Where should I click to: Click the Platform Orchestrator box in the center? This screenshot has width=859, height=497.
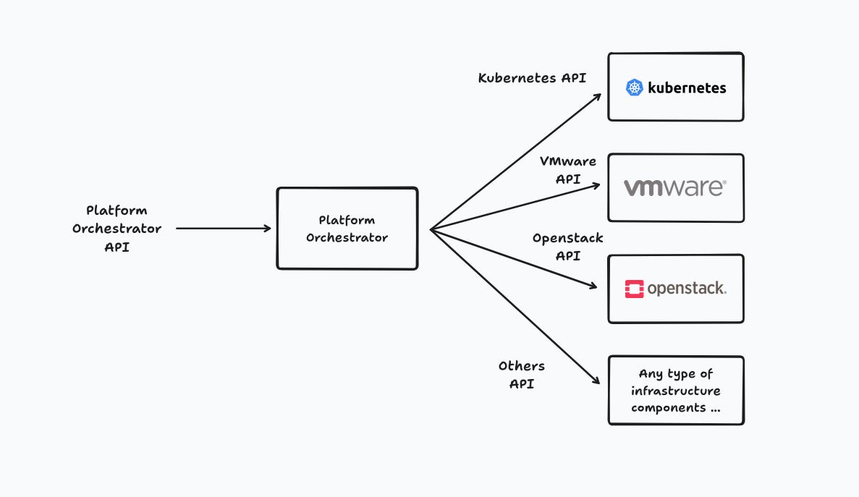347,229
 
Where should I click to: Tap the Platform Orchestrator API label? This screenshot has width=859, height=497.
116,229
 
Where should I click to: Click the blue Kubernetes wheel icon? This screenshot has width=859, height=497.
635,88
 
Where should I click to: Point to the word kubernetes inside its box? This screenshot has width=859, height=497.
687,88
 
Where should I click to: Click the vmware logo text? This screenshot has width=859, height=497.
674,188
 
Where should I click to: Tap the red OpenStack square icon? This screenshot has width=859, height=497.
634,289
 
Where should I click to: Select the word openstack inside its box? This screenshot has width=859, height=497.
686,289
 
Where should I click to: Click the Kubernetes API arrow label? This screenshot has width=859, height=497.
532,77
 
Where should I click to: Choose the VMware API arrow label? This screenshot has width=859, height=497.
568,170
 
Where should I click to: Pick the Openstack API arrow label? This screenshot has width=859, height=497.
568,247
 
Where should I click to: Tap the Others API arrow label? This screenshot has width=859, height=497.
522,375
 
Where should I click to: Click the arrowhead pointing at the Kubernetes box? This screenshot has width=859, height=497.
598,95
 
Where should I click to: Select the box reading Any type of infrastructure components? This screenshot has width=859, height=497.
676,391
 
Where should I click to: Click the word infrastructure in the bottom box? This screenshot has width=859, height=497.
676,391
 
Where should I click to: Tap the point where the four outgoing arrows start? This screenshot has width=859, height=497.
431,230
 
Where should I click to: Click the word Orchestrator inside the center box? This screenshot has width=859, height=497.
347,237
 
